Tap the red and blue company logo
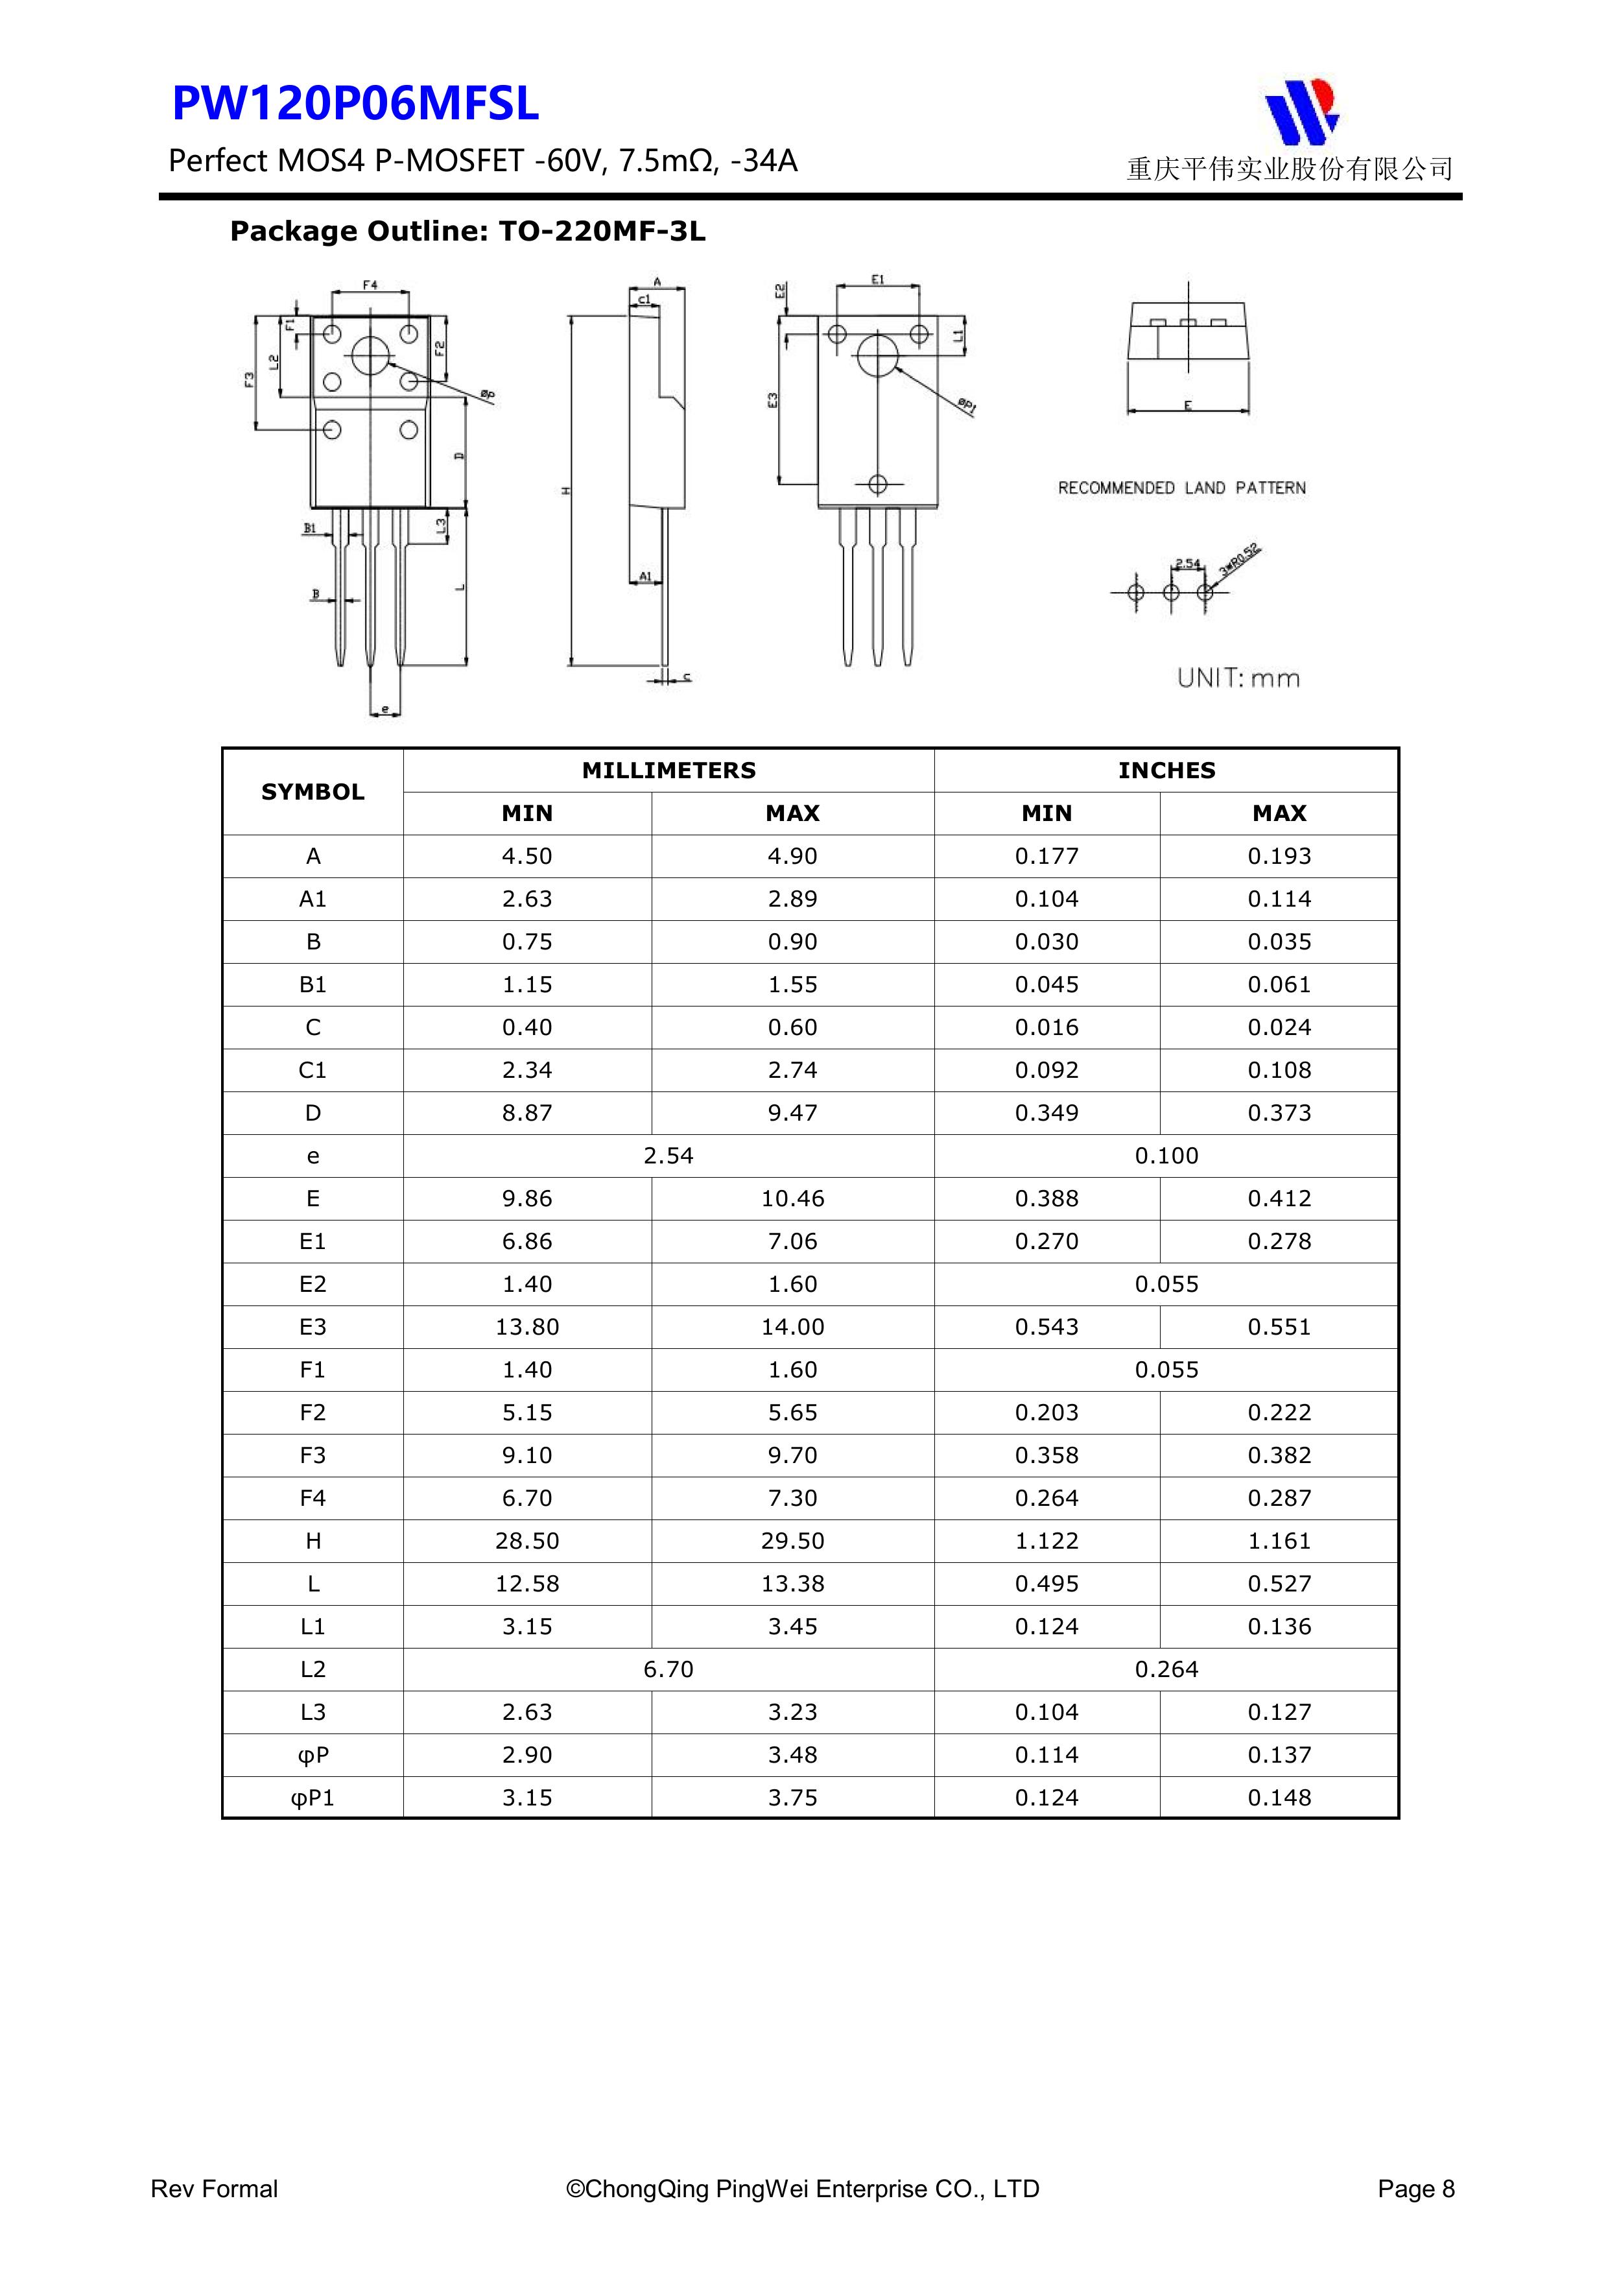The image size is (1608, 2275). tap(1301, 110)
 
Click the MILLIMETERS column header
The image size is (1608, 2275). tap(668, 770)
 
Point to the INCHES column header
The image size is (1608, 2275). tap(1166, 770)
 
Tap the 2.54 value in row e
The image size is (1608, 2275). tap(668, 1156)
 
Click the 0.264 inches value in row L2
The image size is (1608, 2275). tap(1166, 1669)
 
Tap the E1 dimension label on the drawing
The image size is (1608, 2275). tap(878, 280)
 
